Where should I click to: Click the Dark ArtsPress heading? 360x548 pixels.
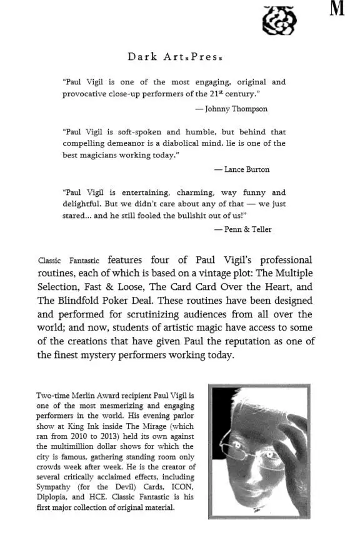tap(175, 57)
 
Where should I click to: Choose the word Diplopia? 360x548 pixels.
tap(52, 497)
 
